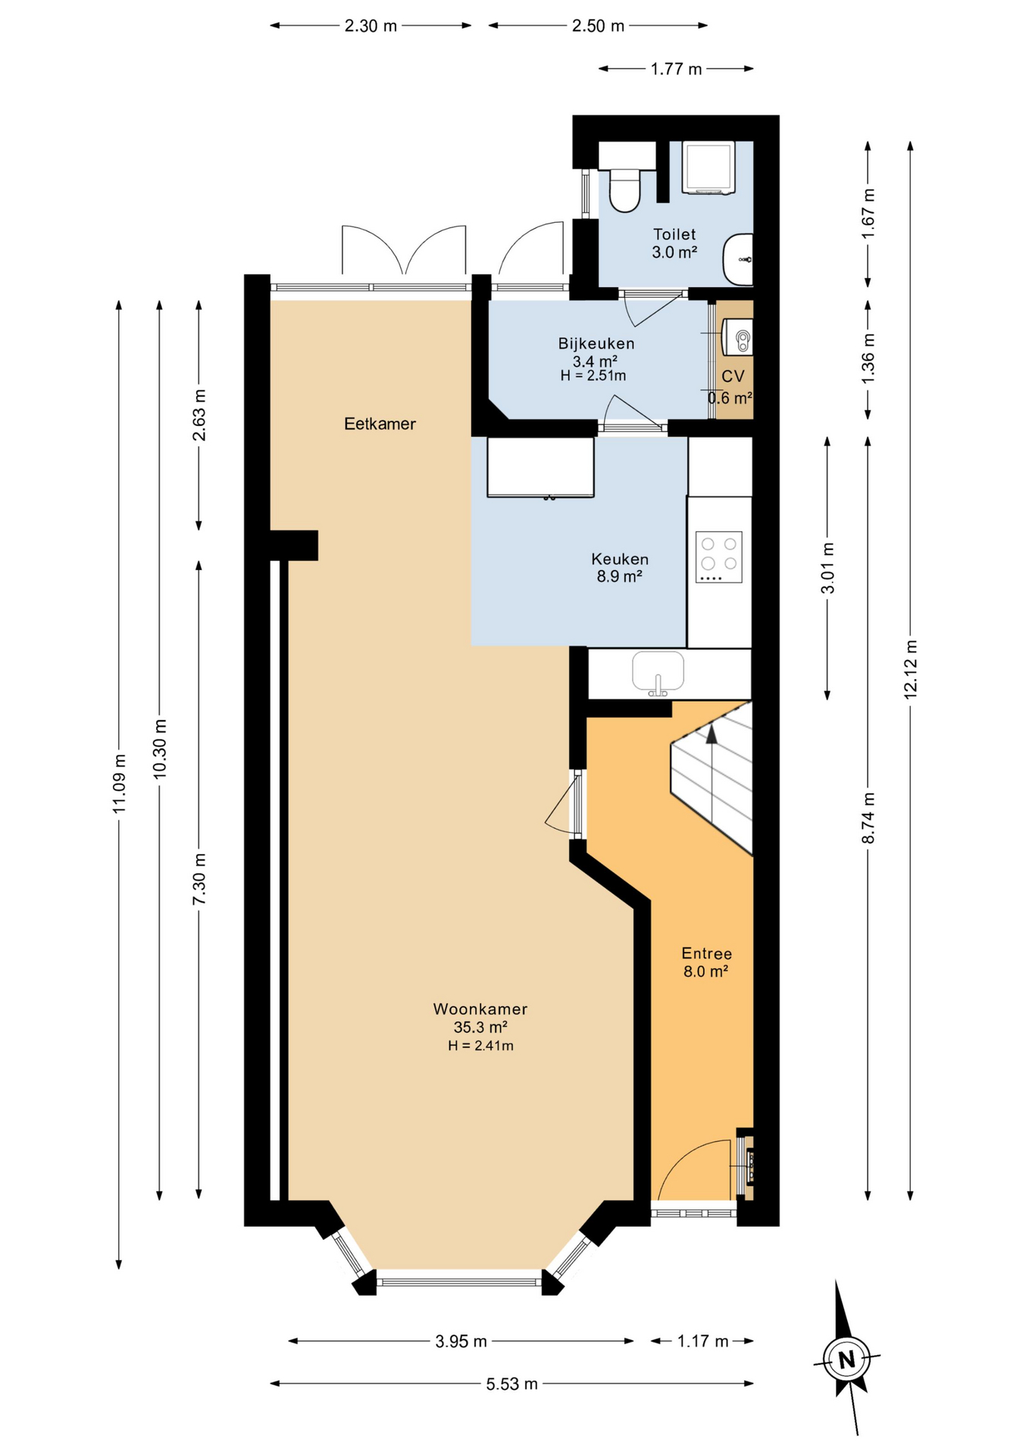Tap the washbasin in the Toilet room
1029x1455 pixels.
click(x=737, y=259)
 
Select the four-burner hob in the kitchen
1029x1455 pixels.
click(x=718, y=557)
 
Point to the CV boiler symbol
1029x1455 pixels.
click(x=737, y=336)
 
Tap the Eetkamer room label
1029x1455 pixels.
click(x=380, y=424)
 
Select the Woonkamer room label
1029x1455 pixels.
click(x=480, y=1009)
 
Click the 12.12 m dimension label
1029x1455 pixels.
click(x=910, y=668)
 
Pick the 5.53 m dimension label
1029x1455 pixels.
click(x=512, y=1384)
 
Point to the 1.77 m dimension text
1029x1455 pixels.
click(x=676, y=69)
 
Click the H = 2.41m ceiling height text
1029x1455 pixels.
click(x=480, y=1046)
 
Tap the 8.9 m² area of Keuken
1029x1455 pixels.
click(x=619, y=576)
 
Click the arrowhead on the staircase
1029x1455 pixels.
click(x=711, y=733)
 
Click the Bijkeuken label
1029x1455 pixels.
click(x=596, y=343)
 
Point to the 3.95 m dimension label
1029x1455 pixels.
click(x=461, y=1341)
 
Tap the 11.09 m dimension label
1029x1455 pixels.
click(x=119, y=784)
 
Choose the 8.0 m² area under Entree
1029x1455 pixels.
click(x=705, y=972)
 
